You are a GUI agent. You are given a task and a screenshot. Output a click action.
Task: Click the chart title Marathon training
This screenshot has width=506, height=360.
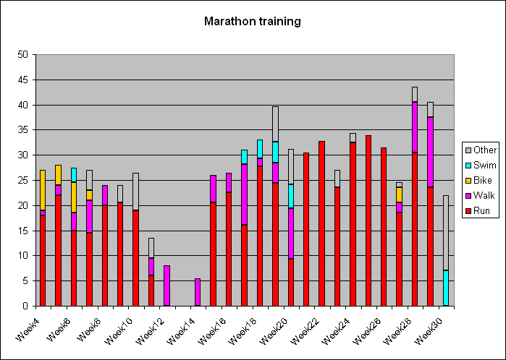(x=253, y=21)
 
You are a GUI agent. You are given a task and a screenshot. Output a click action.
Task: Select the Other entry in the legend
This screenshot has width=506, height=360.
(x=481, y=150)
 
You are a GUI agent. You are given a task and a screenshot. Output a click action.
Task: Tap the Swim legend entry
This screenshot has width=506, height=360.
(x=481, y=165)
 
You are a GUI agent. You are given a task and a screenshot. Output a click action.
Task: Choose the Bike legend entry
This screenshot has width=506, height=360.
(x=478, y=180)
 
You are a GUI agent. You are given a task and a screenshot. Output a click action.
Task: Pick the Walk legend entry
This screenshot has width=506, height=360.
(x=480, y=195)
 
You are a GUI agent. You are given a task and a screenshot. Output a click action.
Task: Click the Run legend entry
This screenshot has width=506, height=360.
(x=478, y=211)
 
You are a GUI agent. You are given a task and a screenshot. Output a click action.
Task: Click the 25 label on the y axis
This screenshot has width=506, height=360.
(x=23, y=180)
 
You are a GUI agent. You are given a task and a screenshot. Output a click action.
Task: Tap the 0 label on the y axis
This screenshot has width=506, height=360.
(x=25, y=306)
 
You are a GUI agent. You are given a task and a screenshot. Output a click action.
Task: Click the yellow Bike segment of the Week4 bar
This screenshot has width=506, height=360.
(x=43, y=190)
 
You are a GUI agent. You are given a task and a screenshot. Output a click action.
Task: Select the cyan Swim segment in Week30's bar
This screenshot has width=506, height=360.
(x=446, y=288)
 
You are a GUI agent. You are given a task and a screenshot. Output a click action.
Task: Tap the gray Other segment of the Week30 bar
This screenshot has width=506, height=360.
(x=446, y=232)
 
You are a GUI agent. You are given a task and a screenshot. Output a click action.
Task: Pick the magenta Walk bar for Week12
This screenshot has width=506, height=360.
(x=166, y=286)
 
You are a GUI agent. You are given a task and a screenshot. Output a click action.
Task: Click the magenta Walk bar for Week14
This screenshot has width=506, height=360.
(x=198, y=292)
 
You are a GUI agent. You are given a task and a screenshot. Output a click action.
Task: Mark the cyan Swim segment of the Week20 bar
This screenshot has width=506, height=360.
(x=291, y=197)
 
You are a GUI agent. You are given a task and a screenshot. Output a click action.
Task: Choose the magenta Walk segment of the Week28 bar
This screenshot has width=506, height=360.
(x=415, y=127)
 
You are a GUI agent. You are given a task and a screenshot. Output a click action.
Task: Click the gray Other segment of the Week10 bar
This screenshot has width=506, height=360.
(x=136, y=192)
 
